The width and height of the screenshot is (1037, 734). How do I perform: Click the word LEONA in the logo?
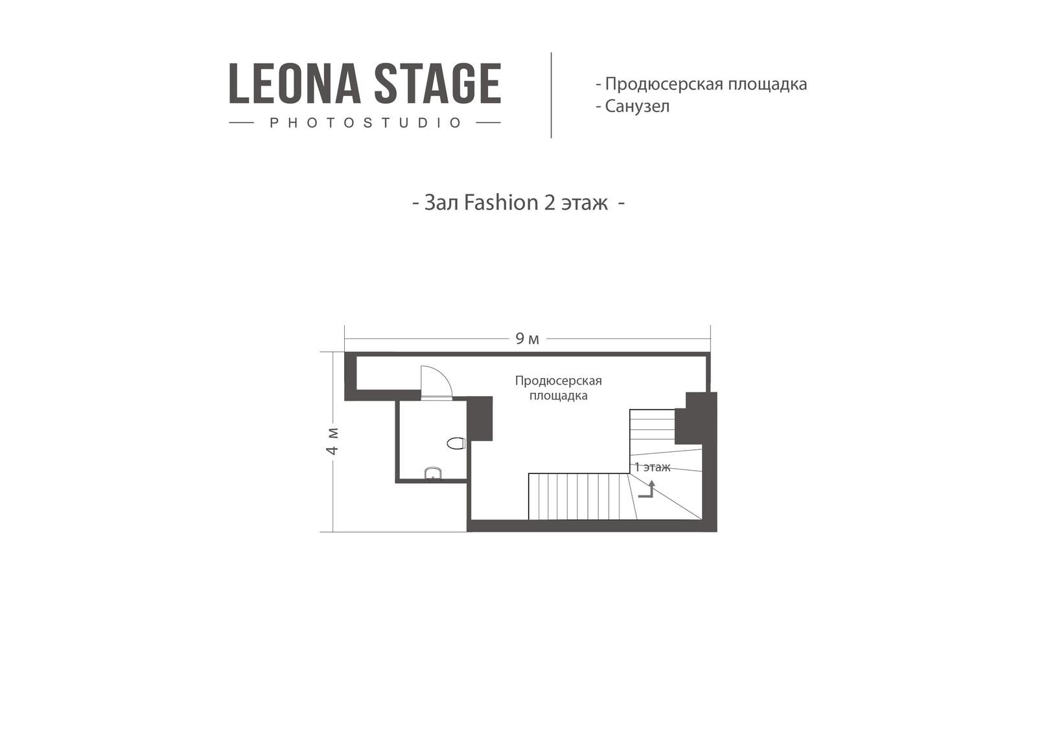coord(295,84)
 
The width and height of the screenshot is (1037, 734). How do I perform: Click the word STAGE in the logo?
coord(437,84)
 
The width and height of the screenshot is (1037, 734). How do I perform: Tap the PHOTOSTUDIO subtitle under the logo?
coord(366,123)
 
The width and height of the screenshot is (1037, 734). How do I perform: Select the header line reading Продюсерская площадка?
coord(701,84)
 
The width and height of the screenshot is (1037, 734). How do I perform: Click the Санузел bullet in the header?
coord(633,106)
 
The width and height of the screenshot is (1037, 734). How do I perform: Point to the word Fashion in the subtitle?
coord(501,203)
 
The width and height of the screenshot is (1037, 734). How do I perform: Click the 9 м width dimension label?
coord(528,339)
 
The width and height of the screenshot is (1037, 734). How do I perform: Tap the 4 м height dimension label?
coord(332,441)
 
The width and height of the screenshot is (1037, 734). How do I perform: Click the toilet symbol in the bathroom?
coord(456,443)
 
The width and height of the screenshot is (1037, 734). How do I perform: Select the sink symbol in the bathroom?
coord(433,473)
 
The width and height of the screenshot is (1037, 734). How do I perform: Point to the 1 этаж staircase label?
coord(652,468)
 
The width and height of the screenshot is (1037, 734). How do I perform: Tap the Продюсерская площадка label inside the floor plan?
coord(558,388)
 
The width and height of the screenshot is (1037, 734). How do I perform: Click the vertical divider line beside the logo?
coord(551,95)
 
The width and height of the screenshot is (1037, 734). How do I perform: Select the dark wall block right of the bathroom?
coord(480,418)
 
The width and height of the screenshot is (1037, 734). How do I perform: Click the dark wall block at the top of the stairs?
coord(696,418)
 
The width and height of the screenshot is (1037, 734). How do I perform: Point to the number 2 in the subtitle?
coord(549,203)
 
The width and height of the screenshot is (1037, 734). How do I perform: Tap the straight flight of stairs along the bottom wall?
coord(579,497)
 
